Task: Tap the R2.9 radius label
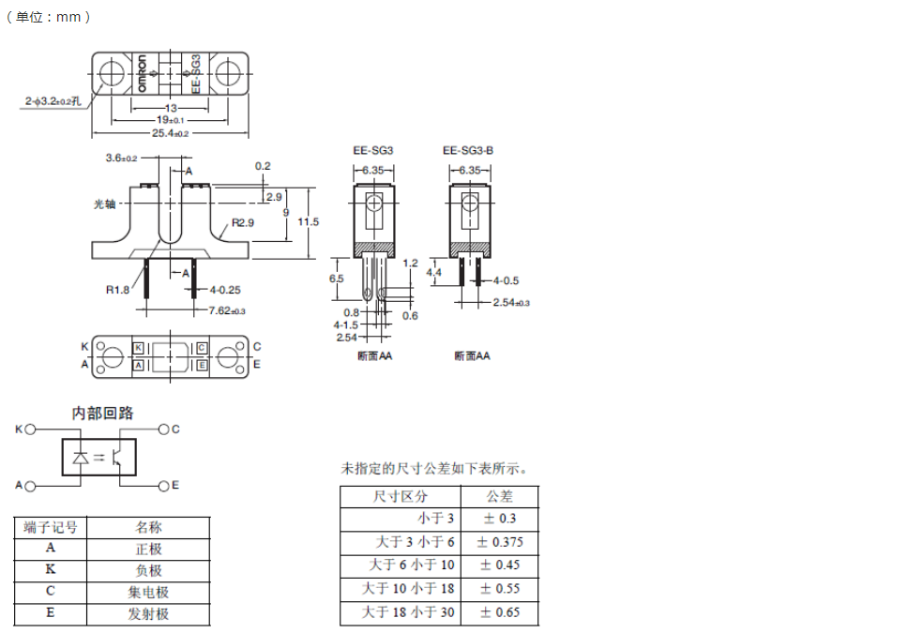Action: (243, 223)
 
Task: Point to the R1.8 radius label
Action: (117, 290)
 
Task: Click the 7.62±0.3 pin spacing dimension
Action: (226, 310)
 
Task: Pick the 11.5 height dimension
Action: (309, 222)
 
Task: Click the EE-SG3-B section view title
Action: (468, 150)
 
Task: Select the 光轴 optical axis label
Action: (104, 203)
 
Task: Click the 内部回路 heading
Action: (103, 413)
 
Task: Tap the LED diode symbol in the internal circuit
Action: (81, 458)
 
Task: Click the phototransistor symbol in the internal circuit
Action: (119, 458)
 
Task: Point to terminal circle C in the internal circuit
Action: (163, 429)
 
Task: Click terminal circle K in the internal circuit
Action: (30, 429)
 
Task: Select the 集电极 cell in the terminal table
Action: (148, 592)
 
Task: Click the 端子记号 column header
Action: (51, 527)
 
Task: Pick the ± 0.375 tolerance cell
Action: (500, 542)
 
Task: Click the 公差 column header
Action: (500, 496)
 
